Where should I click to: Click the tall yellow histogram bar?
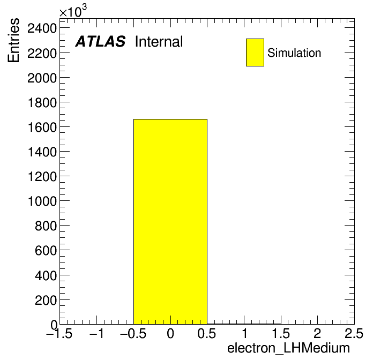point(170,222)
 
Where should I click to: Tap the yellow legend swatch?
point(255,52)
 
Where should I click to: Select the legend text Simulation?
point(294,53)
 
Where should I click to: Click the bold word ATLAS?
point(100,41)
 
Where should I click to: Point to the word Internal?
point(159,42)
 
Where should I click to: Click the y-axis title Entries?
point(13,40)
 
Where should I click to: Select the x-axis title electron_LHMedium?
point(288,348)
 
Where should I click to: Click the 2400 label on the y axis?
point(42,29)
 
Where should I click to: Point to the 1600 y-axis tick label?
point(42,127)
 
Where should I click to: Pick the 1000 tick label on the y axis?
point(42,201)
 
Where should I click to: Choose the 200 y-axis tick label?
point(46,300)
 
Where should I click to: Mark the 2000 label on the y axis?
point(42,78)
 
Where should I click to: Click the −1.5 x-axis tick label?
point(59,333)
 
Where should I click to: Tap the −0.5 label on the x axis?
point(133,333)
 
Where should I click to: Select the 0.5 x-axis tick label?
point(207,333)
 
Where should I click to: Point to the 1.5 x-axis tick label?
point(281,333)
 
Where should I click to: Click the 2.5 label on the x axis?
point(354,333)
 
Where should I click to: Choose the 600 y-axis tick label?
point(46,251)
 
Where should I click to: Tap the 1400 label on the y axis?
point(42,152)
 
